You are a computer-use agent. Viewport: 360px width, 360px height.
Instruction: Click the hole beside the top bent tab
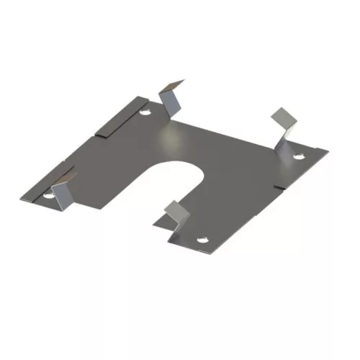pyautogui.click(x=146, y=113)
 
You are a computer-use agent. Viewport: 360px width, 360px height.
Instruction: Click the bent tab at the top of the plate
pyautogui.click(x=171, y=100)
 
